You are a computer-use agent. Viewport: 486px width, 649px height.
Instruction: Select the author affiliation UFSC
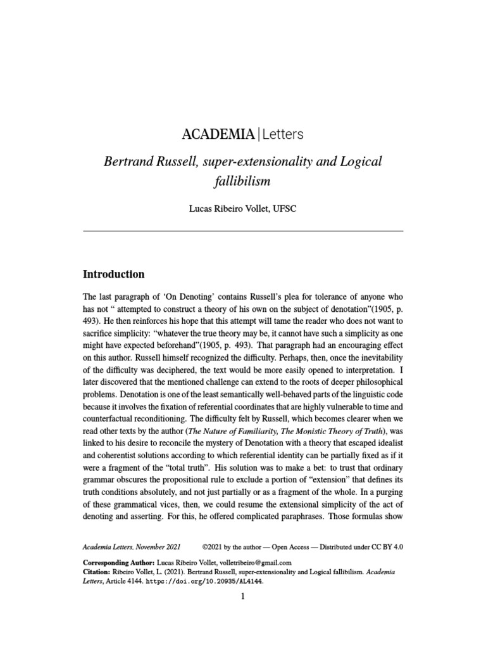point(283,209)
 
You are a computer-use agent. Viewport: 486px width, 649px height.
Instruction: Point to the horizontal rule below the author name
point(243,231)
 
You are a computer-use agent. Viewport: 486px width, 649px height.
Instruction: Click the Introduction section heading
point(114,274)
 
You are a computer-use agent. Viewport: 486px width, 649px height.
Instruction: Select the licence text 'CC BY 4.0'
point(385,545)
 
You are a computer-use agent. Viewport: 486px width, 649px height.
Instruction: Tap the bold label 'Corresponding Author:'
point(118,563)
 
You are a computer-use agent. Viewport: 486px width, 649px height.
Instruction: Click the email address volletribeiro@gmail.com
point(252,563)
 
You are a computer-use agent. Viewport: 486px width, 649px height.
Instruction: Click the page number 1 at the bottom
point(242,596)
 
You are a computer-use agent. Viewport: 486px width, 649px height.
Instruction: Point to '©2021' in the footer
point(214,545)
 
